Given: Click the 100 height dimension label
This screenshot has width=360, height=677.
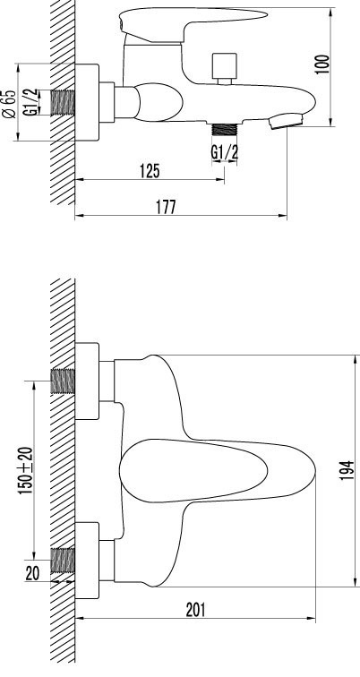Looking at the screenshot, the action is point(323,64).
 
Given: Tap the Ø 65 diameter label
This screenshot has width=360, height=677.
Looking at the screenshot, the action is point(9,104).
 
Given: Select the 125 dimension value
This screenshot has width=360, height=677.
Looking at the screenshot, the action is point(150,171).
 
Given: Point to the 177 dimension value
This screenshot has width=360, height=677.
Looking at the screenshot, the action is point(166,207).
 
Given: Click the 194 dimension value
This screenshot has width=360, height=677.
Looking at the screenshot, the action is point(347,470).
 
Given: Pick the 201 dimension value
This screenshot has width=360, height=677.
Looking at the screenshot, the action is point(196,610).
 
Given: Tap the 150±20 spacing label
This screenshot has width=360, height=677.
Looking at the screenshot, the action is point(25,470).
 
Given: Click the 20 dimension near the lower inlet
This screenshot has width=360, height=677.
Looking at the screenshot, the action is point(32,573).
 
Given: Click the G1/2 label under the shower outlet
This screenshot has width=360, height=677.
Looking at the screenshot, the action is point(225,152).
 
